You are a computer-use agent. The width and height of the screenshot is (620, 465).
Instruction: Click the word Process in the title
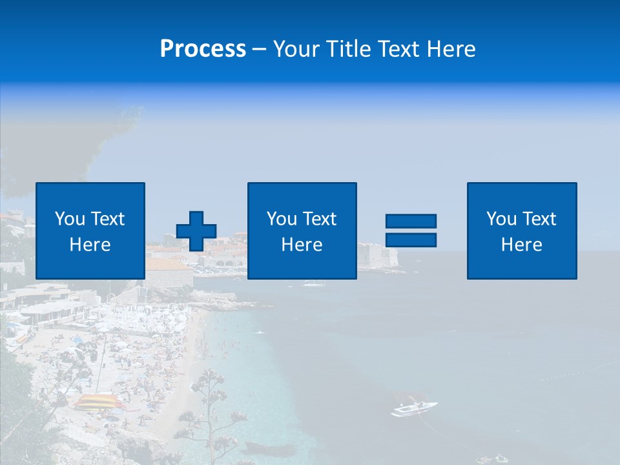(203, 49)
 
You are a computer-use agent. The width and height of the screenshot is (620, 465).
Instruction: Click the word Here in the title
(450, 49)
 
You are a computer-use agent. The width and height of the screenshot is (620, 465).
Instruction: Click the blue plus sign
(196, 231)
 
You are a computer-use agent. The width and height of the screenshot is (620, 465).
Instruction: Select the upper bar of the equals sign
(411, 221)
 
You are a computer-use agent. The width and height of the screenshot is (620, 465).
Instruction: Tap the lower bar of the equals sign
(411, 240)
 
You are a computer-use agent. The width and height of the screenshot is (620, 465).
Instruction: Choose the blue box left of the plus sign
(90, 231)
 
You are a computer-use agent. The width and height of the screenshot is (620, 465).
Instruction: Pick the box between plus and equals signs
(302, 231)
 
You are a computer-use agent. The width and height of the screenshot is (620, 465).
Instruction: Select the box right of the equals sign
(522, 231)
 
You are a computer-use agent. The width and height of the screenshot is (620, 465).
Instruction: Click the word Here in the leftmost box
(90, 245)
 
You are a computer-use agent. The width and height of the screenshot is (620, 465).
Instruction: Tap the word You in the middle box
(282, 219)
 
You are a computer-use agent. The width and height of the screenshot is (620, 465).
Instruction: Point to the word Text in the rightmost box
(539, 219)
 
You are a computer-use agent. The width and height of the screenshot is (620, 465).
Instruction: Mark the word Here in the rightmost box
(522, 245)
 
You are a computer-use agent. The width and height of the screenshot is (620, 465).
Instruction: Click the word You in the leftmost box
(70, 219)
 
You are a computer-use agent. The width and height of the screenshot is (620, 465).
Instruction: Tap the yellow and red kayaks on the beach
(98, 402)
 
